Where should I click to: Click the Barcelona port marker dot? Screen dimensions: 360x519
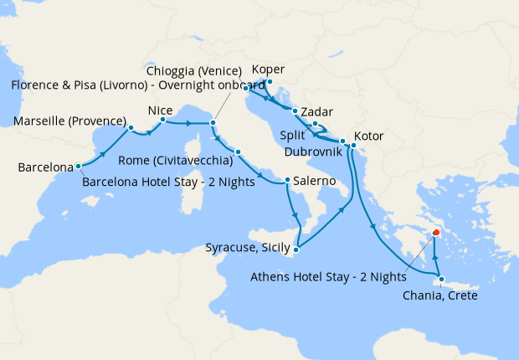pos(78,166)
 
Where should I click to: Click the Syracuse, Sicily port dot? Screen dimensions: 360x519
pos(296,247)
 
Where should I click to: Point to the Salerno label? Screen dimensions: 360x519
pos(315,181)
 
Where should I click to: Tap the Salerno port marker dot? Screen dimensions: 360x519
pos(287,180)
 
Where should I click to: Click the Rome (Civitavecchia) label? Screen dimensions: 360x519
pos(177,161)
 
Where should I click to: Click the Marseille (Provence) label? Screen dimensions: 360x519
pos(69,121)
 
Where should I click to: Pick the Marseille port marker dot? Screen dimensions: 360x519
pos(131,128)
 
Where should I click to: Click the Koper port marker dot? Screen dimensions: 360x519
pos(269,82)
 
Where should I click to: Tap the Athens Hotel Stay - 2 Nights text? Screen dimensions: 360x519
pos(327,276)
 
